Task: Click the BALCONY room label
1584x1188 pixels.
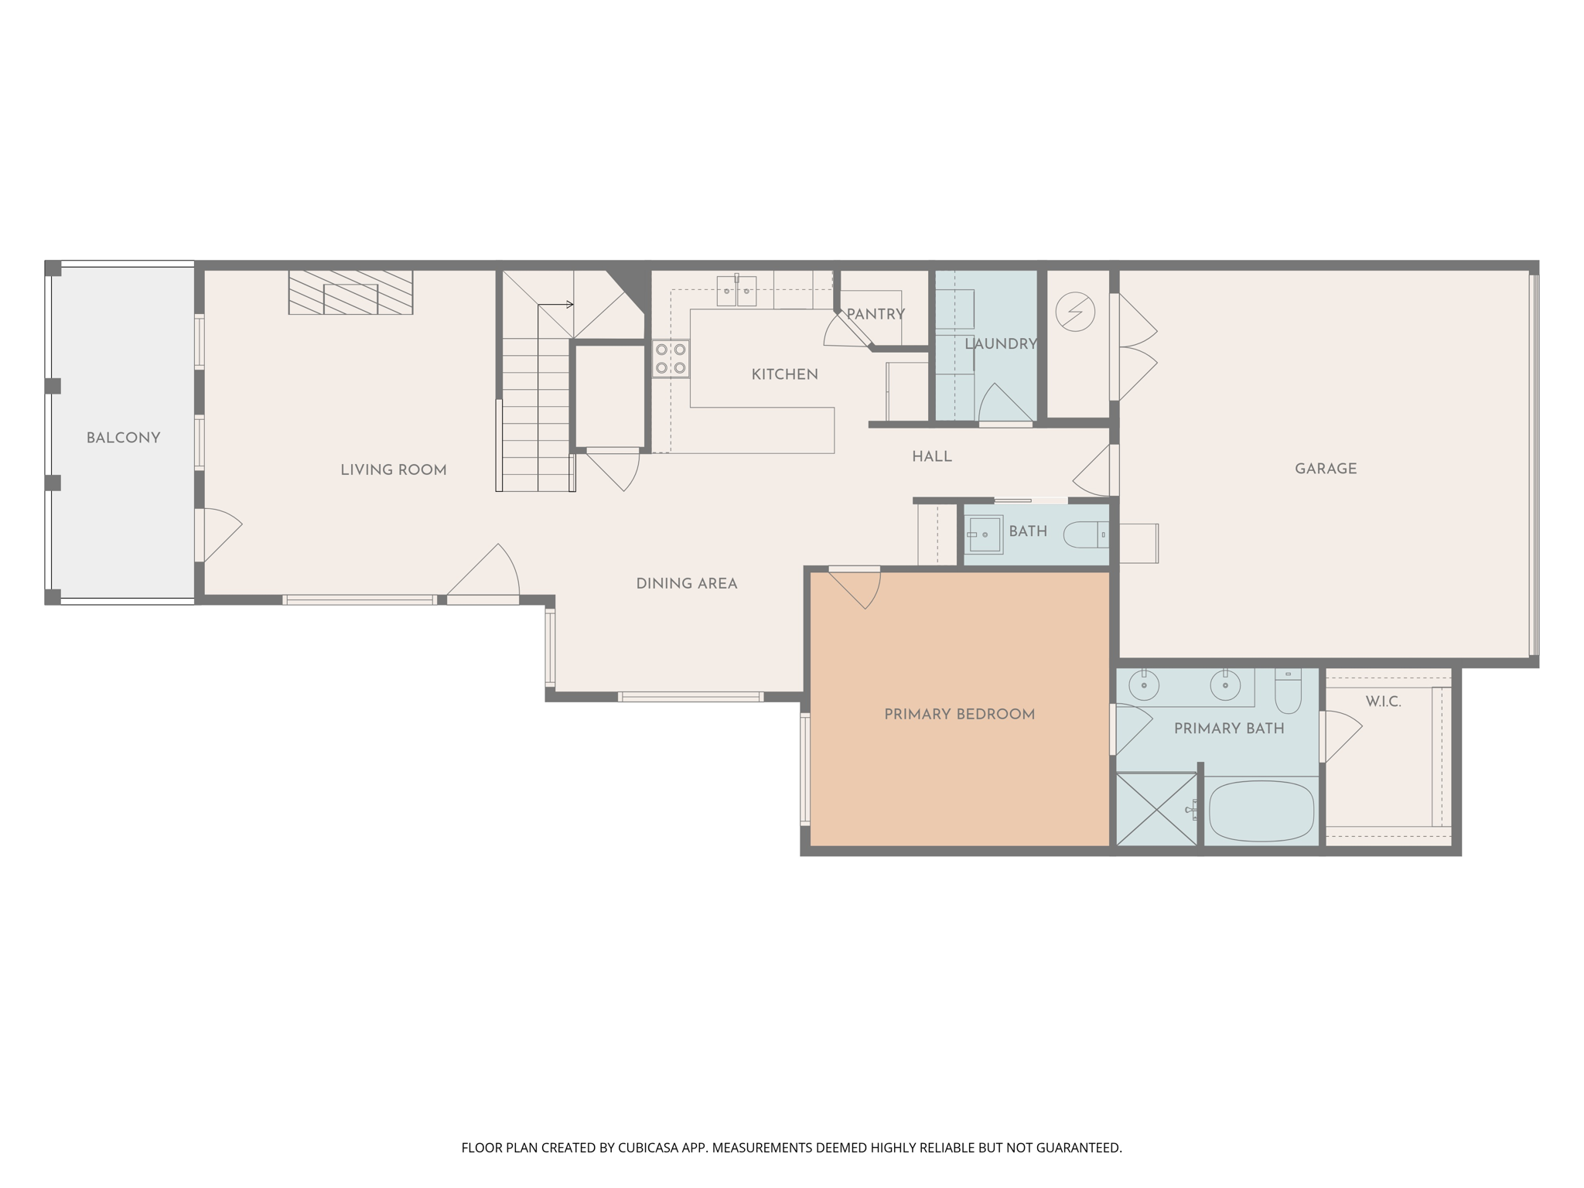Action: tap(123, 438)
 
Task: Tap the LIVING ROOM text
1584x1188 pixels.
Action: tap(393, 470)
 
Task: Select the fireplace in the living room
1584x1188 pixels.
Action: tap(350, 292)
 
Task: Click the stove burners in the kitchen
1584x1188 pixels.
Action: tap(671, 359)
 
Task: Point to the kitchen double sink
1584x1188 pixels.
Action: tap(736, 292)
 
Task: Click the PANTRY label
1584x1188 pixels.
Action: tap(875, 314)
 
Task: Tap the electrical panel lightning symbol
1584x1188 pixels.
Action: tap(1075, 312)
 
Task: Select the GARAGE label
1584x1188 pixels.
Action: tap(1325, 469)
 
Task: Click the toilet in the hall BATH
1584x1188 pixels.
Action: tap(1086, 534)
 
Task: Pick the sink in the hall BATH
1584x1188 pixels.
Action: tap(985, 534)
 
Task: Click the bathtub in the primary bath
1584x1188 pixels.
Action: tap(1261, 811)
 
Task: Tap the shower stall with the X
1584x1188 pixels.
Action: tap(1156, 810)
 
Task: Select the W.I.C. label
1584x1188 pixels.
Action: tap(1383, 702)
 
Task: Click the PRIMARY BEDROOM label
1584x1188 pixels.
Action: tap(959, 715)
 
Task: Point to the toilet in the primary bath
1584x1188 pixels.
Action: tap(1288, 692)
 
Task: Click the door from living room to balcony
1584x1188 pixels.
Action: tap(219, 534)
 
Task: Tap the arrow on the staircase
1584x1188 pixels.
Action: tap(569, 305)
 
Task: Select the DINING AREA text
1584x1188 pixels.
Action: tap(686, 584)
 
